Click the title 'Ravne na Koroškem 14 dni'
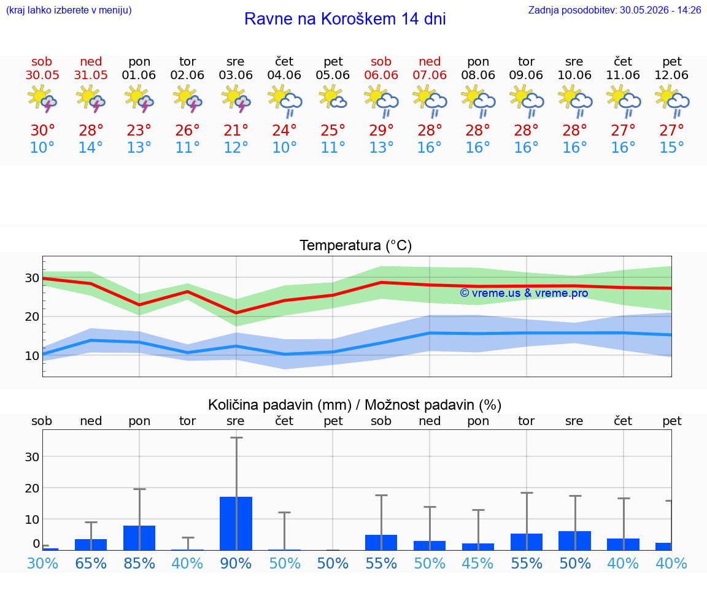point(345,19)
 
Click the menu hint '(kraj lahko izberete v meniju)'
point(69,10)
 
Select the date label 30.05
point(42,75)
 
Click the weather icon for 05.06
point(333,99)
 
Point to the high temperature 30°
point(42,130)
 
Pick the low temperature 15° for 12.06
point(671,147)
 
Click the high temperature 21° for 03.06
point(236,130)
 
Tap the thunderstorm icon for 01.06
point(139,99)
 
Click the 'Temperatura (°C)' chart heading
point(356,245)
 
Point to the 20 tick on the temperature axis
point(32,317)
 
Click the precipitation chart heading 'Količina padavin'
point(280,405)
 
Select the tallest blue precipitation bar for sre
point(236,523)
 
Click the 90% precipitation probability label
point(236,563)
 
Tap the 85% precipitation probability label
point(139,563)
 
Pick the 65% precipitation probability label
point(91,563)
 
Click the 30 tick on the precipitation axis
point(32,457)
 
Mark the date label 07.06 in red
point(430,75)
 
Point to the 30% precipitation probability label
point(42,563)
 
